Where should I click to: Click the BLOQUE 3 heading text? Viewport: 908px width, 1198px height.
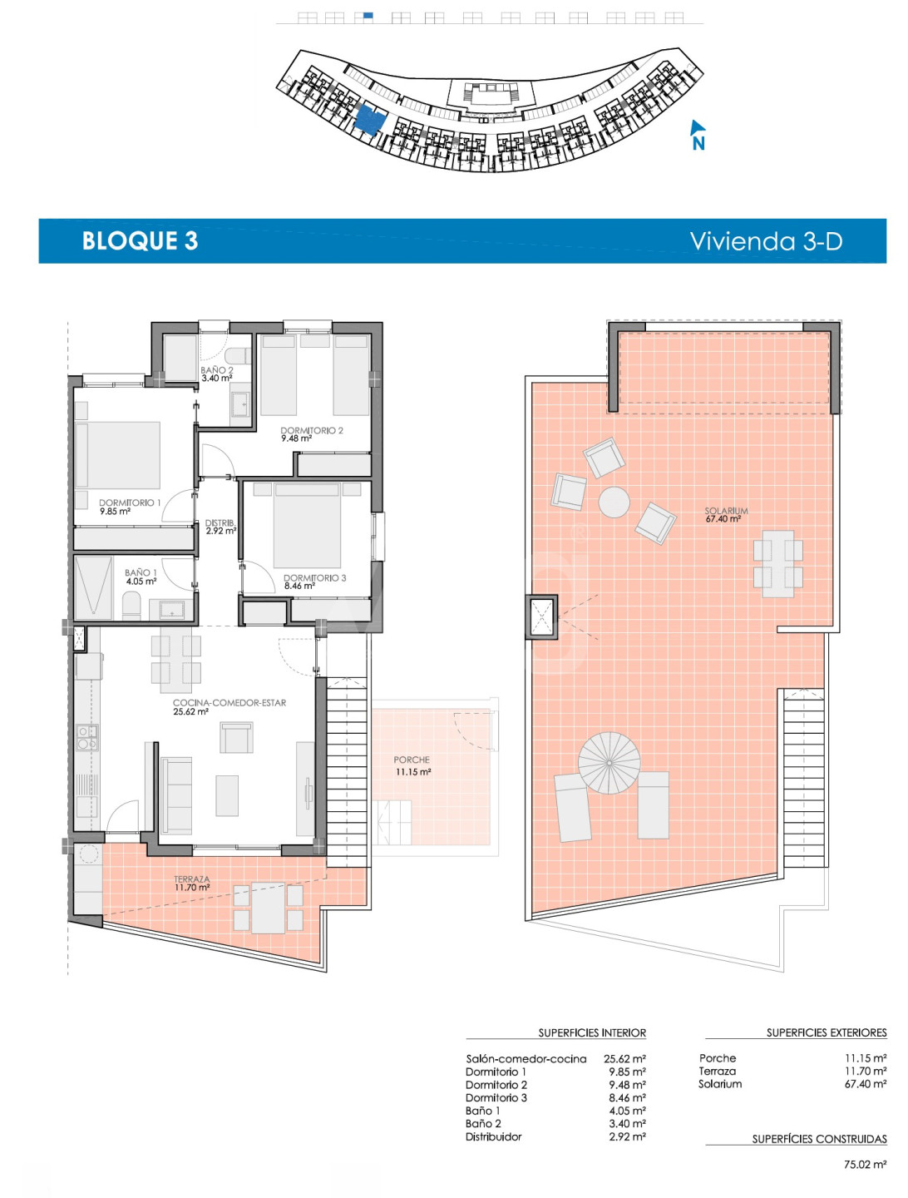point(140,240)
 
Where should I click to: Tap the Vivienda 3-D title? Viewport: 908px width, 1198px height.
point(766,240)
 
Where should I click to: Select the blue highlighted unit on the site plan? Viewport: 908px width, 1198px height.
point(370,121)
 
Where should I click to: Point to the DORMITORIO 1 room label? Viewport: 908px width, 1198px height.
point(130,502)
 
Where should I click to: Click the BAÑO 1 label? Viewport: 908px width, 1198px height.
point(141,572)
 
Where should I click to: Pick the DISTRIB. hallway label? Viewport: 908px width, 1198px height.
point(220,522)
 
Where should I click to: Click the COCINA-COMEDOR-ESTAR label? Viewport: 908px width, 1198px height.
point(229,703)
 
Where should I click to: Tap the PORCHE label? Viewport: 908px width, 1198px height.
point(412,760)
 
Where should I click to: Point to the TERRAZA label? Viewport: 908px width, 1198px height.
point(192,879)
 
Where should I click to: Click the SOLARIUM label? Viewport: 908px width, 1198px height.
point(726,511)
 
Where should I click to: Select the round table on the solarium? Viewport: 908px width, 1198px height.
point(614,502)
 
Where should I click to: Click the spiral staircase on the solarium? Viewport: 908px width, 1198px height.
point(609,762)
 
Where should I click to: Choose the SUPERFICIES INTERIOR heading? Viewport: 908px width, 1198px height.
point(592,1033)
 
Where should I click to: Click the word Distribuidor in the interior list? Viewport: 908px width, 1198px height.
point(494,1137)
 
